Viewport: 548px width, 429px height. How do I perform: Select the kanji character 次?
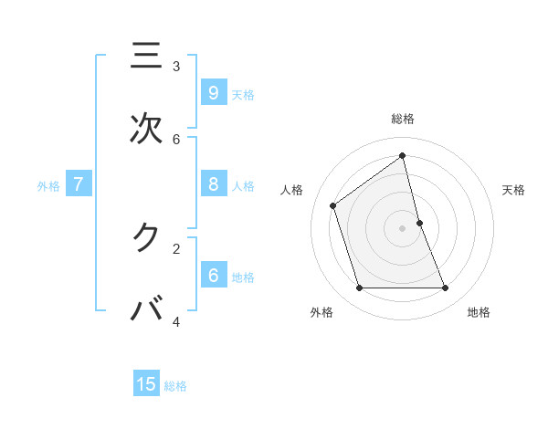[x=146, y=129]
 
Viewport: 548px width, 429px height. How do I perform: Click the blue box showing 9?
[x=213, y=92]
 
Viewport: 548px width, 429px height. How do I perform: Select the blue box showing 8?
[x=213, y=184]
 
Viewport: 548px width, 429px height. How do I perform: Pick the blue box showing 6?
[x=213, y=275]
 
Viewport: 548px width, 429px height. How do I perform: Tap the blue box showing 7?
[x=79, y=184]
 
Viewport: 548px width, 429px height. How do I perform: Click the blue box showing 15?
[x=146, y=384]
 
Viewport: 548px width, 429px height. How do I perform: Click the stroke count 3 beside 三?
[x=176, y=66]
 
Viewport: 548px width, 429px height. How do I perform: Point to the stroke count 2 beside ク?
[x=176, y=247]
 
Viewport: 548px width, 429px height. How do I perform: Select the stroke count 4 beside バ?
[x=176, y=321]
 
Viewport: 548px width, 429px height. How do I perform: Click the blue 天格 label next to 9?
[x=243, y=94]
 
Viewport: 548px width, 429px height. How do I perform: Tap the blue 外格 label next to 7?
[x=48, y=186]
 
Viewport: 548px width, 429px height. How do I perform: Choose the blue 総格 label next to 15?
[x=175, y=386]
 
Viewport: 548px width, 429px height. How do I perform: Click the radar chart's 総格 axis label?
[x=403, y=119]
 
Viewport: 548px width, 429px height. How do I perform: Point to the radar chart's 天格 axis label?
[x=513, y=190]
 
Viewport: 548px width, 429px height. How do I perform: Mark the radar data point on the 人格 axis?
[x=333, y=205]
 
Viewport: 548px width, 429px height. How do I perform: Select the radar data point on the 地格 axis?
[x=446, y=288]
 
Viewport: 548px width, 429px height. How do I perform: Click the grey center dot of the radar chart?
[x=403, y=228]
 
